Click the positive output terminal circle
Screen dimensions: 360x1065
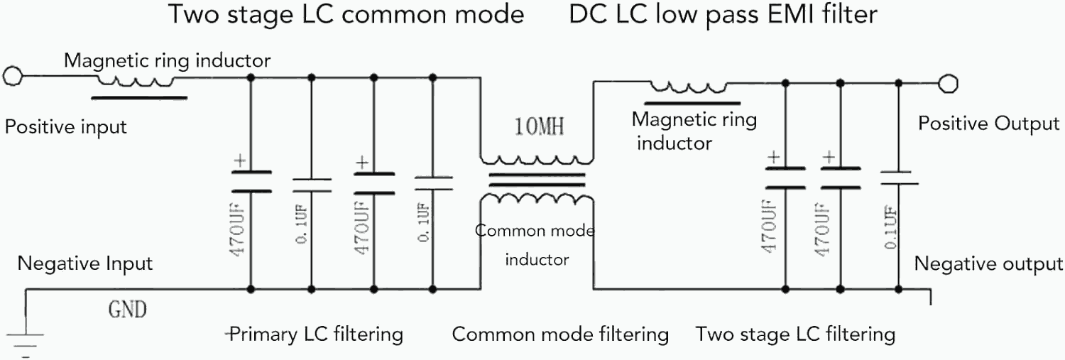click(x=946, y=84)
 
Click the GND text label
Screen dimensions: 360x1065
click(x=127, y=310)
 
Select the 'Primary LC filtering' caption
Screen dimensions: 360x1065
click(x=317, y=334)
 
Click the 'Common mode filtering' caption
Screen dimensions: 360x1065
click(x=560, y=334)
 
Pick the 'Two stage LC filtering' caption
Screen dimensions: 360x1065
click(x=795, y=334)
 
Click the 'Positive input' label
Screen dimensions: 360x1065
click(x=65, y=127)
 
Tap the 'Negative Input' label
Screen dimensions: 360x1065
click(x=85, y=263)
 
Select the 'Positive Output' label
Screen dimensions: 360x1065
click(x=988, y=124)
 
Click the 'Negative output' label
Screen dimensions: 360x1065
click(x=988, y=264)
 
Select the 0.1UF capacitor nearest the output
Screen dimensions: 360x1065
click(x=898, y=178)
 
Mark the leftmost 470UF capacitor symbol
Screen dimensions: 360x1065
click(x=250, y=182)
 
